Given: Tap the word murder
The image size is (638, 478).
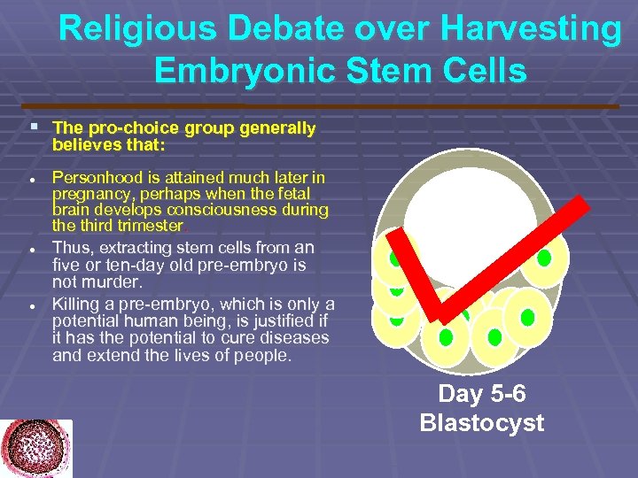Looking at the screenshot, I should pyautogui.click(x=115, y=282).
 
